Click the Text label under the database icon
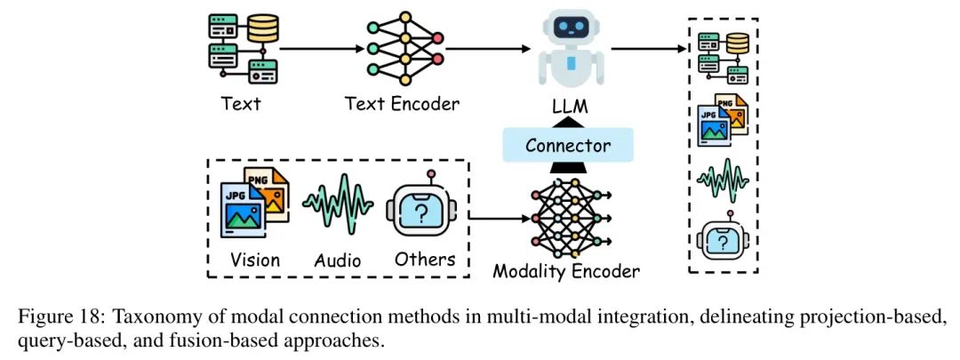(241, 103)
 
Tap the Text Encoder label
(402, 104)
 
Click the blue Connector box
(568, 145)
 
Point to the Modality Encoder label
(566, 271)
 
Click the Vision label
(255, 260)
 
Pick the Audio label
(338, 260)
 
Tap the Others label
(423, 260)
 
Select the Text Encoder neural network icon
(404, 50)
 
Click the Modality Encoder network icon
(567, 216)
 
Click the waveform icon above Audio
(338, 204)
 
